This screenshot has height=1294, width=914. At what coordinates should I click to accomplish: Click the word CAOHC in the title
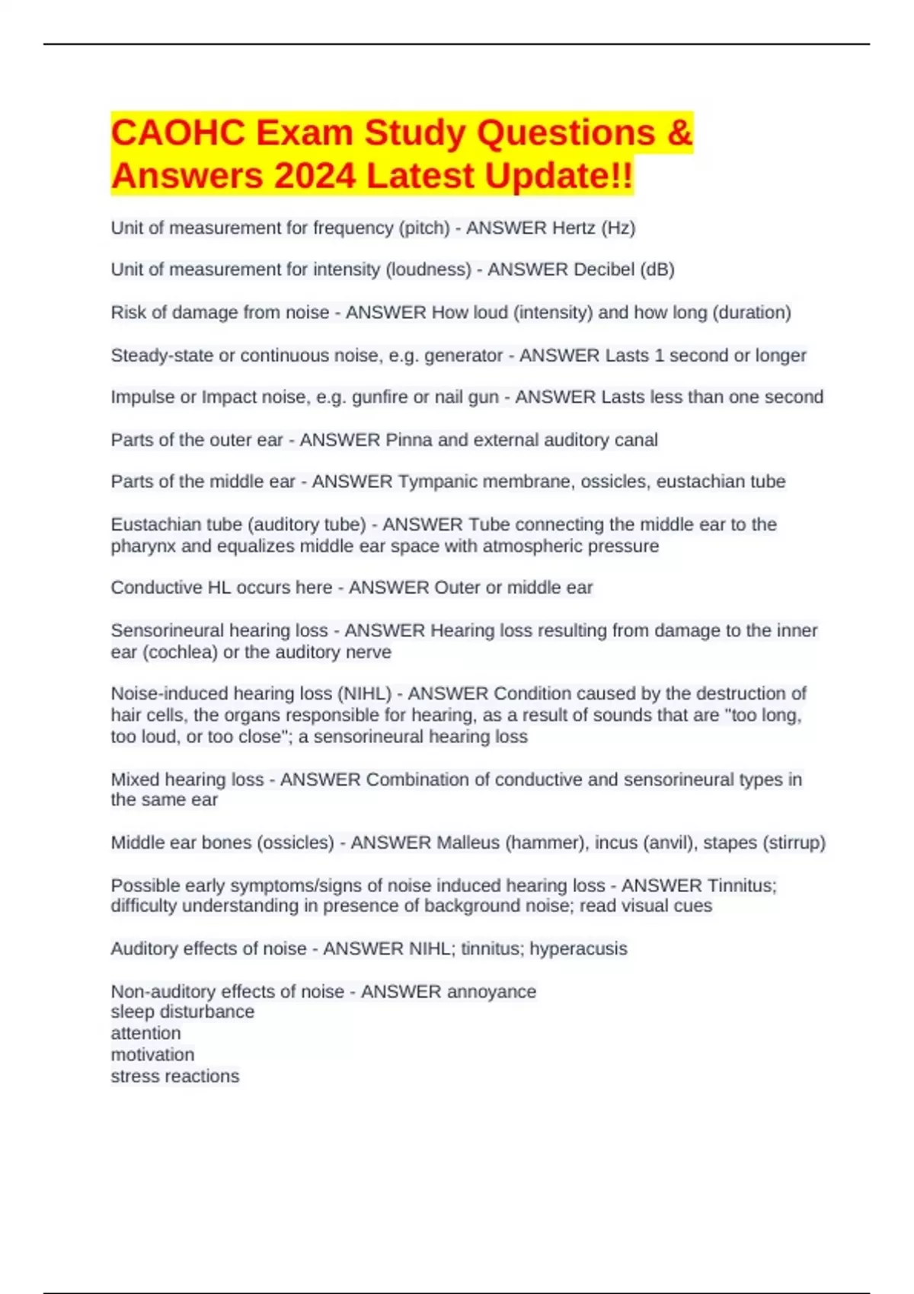point(177,133)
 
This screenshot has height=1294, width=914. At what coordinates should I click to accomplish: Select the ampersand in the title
point(679,133)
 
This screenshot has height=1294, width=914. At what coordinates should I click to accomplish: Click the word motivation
point(152,1055)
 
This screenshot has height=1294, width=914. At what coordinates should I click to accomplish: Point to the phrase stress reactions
point(174,1076)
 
